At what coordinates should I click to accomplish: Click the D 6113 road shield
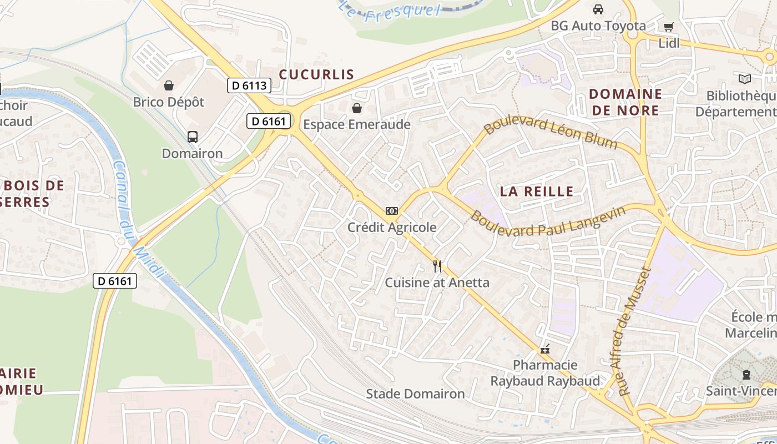click(249, 85)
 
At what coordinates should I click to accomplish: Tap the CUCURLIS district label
click(316, 74)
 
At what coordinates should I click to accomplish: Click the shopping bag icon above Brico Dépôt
click(169, 85)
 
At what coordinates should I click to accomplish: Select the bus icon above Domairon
click(193, 137)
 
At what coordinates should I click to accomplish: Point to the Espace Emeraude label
click(357, 124)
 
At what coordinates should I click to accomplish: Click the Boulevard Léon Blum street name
click(551, 134)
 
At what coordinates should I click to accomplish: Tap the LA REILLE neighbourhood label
click(537, 191)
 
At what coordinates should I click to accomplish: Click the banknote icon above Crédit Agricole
click(392, 211)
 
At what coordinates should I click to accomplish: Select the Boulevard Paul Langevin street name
click(548, 223)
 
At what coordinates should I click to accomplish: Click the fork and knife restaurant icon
click(437, 266)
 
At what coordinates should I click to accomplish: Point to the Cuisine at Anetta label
click(437, 282)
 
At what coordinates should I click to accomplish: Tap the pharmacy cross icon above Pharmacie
click(545, 350)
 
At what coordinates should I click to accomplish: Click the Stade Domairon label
click(415, 394)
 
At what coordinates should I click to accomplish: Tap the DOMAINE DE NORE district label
click(625, 102)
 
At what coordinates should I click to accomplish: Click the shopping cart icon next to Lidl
click(669, 27)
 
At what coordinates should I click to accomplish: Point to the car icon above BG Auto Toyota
click(598, 9)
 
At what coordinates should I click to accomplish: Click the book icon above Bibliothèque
click(744, 79)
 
